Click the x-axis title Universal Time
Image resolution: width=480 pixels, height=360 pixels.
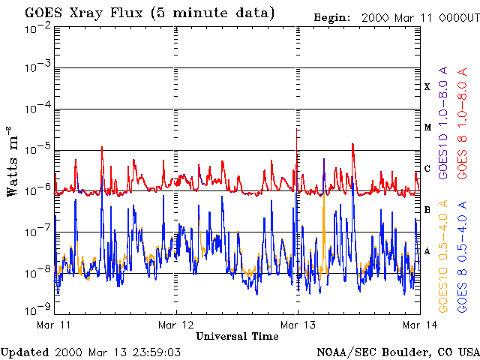click(236, 337)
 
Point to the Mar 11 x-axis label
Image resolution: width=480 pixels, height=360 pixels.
click(53, 325)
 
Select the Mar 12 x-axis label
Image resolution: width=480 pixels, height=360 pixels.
click(175, 325)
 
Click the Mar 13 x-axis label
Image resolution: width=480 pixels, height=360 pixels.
click(297, 325)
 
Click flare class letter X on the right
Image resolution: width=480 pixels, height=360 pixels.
click(427, 87)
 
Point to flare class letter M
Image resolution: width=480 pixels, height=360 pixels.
click(427, 127)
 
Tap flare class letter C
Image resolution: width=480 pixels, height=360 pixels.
click(427, 169)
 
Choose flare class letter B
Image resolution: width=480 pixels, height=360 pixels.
click(427, 210)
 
